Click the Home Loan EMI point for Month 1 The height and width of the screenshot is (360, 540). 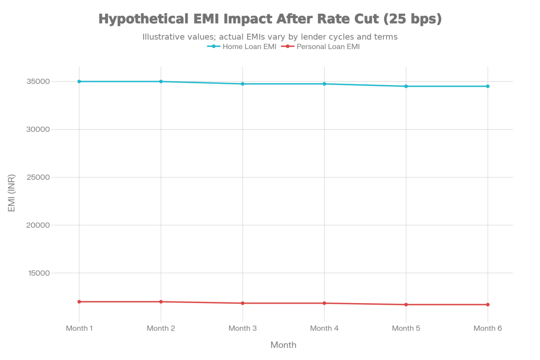[x=79, y=82]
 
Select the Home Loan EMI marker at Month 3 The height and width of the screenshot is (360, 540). [x=243, y=84]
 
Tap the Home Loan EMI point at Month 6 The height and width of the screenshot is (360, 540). [x=488, y=86]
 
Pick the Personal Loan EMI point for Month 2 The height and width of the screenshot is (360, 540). [x=161, y=301]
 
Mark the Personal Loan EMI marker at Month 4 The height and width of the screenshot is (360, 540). [x=324, y=303]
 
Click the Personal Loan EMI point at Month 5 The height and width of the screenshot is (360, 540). [x=406, y=305]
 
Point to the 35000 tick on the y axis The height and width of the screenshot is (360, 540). [x=38, y=82]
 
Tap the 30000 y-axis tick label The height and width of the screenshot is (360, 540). [x=38, y=130]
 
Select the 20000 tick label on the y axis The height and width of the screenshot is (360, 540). [x=38, y=225]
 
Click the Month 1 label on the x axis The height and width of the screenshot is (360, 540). [x=79, y=328]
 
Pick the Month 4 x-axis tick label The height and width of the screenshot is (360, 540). [x=324, y=328]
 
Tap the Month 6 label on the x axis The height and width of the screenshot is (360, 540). [x=488, y=328]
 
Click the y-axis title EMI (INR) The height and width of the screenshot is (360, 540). [x=12, y=193]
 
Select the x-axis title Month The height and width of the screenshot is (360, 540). [x=283, y=345]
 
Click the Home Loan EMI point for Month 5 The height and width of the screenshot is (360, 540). [x=406, y=86]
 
